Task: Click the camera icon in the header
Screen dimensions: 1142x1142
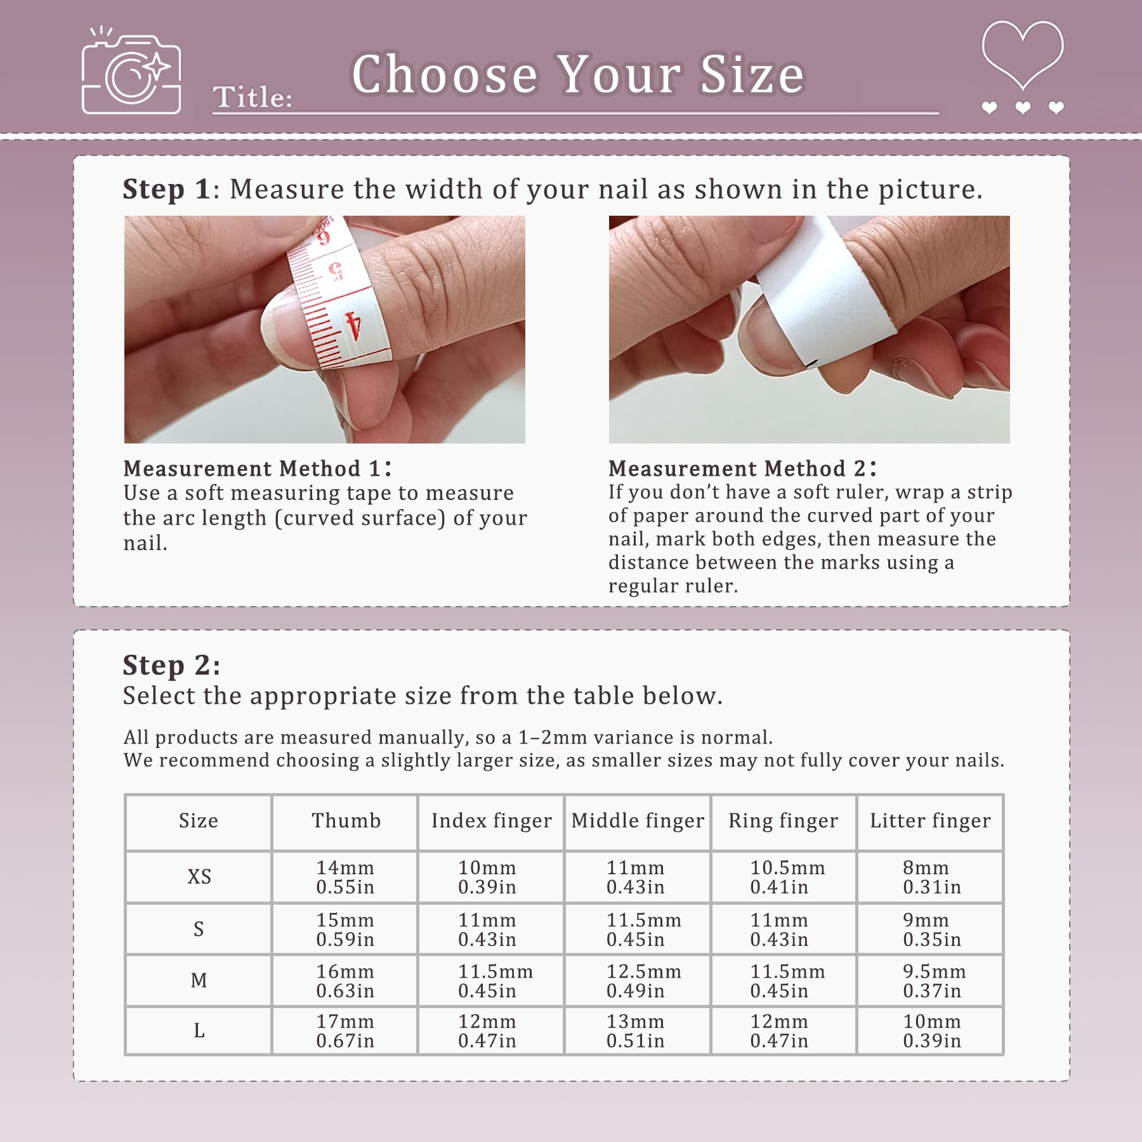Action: point(131,71)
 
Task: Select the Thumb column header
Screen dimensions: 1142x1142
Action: point(346,820)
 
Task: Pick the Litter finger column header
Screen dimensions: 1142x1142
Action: point(930,820)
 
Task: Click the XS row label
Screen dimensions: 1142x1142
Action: point(199,877)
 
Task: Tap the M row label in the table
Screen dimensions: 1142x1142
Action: point(199,980)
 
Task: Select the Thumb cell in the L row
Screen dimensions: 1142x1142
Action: point(345,1031)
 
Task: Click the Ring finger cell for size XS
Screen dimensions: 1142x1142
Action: point(787,877)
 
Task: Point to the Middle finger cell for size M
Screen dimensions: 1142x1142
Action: point(643,981)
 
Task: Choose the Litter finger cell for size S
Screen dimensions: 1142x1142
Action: point(932,929)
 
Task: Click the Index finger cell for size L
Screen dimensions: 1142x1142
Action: point(487,1031)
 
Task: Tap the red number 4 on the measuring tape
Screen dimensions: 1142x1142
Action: point(353,325)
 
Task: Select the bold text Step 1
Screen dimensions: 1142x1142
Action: point(166,189)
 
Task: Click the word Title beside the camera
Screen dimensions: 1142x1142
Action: point(253,97)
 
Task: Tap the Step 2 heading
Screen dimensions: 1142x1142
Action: point(171,665)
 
